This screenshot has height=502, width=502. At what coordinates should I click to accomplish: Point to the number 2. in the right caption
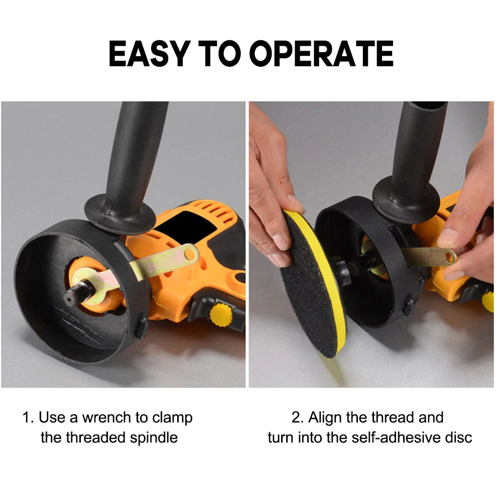click(298, 418)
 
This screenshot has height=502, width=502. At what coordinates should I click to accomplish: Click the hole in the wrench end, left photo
click(190, 255)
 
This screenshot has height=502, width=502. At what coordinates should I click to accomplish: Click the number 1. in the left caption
click(28, 418)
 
